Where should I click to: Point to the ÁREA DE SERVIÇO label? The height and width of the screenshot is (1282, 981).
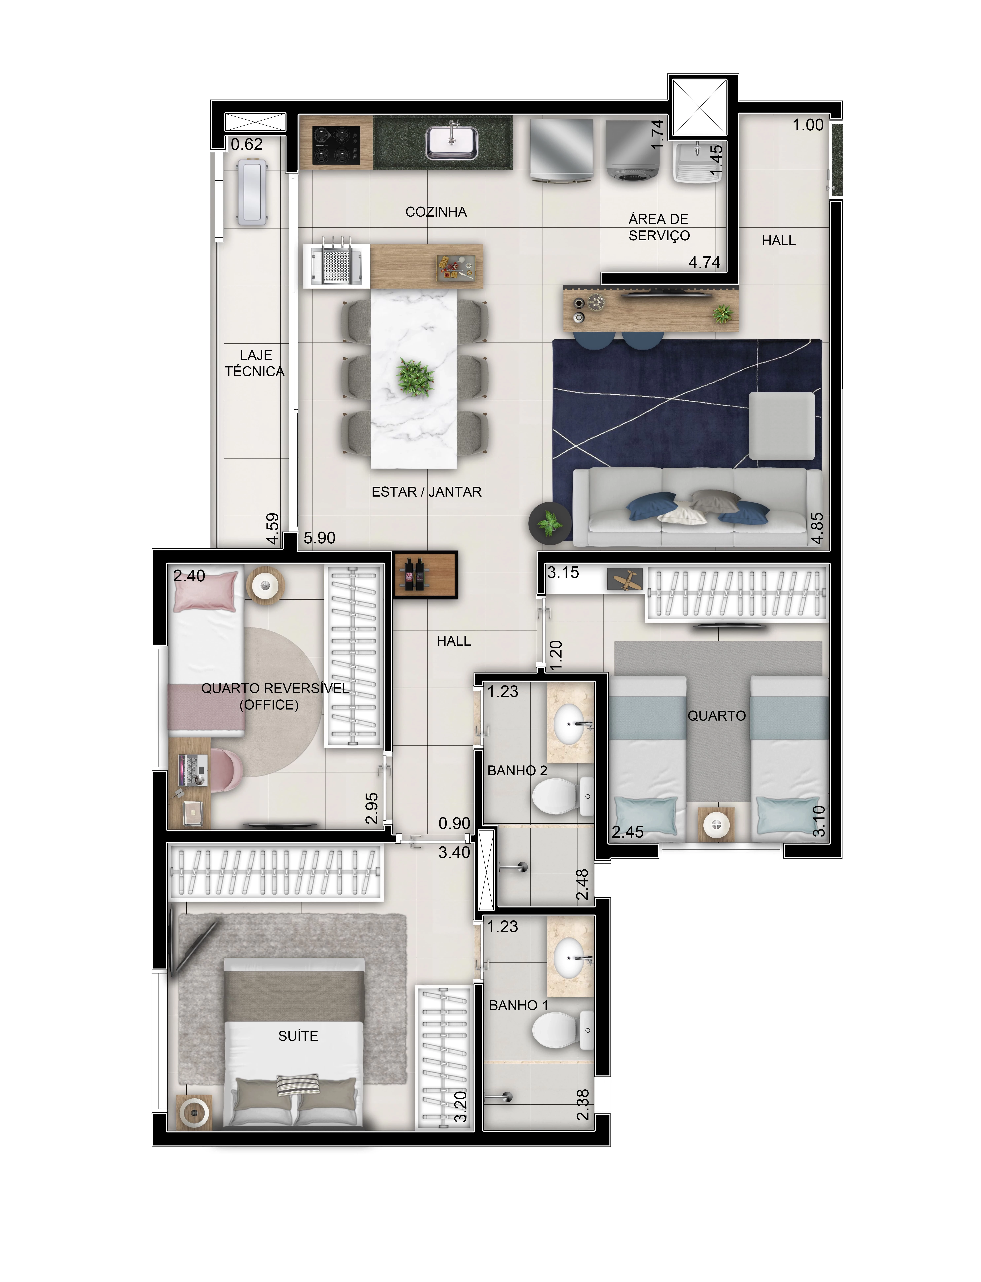point(659,227)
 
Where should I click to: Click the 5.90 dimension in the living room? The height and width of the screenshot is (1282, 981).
point(319,538)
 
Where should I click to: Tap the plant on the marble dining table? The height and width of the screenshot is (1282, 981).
point(415,377)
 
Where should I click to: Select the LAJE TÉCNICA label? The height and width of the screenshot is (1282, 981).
point(255,363)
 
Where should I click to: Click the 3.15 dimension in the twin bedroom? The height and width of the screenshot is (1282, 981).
point(563,573)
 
